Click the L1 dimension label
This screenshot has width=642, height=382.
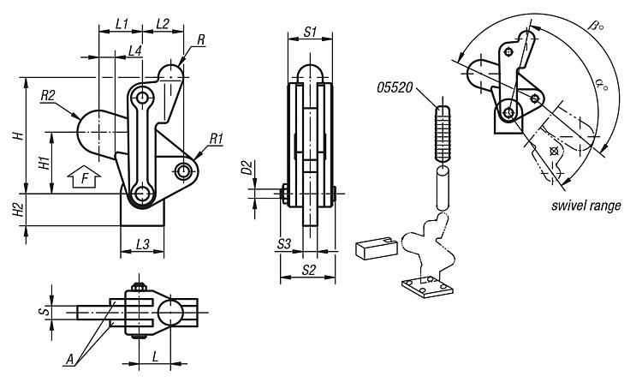click(x=122, y=24)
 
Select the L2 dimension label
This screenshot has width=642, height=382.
click(x=163, y=24)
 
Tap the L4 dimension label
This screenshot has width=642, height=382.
click(x=134, y=51)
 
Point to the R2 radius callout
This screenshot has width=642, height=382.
click(x=48, y=96)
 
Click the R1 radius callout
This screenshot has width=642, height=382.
click(x=216, y=139)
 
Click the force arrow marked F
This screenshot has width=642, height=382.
click(x=84, y=177)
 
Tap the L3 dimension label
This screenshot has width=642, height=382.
click(x=142, y=245)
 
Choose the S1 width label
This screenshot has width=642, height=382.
click(x=310, y=32)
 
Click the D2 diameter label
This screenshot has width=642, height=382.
click(x=247, y=168)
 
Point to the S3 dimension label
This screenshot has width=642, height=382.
click(x=283, y=244)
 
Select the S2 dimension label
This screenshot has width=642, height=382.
click(x=309, y=270)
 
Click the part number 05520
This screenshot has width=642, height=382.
click(x=395, y=87)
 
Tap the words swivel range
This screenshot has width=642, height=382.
click(x=586, y=205)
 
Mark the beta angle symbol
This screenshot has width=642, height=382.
click(x=596, y=26)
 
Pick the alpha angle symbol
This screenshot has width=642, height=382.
click(x=602, y=86)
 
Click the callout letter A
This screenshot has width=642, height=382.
click(x=70, y=360)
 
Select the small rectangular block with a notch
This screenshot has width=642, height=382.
click(x=377, y=248)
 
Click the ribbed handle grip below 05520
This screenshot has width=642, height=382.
click(x=443, y=134)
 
